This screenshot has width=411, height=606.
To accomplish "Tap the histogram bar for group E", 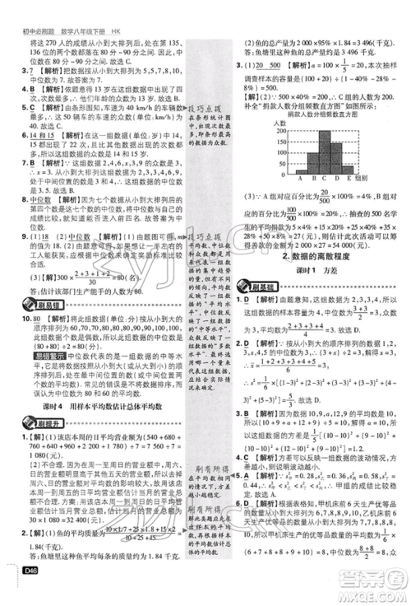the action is click(x=349, y=171).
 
